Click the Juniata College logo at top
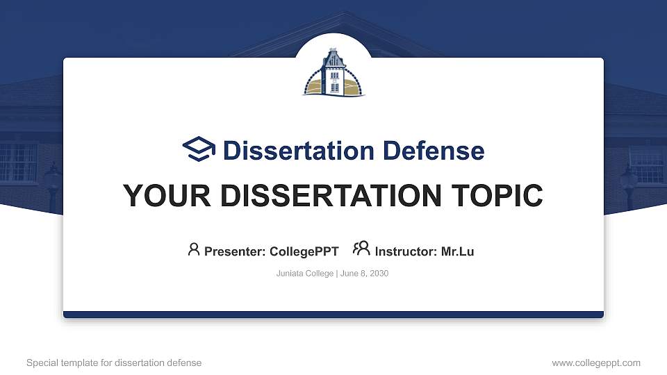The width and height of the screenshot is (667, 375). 333,72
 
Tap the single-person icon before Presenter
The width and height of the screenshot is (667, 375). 194,249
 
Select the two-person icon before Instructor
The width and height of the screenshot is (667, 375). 361,249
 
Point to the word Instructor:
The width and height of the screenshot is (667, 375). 406,251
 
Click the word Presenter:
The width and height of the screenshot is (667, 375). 234,251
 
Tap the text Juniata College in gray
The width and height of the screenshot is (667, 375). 304,274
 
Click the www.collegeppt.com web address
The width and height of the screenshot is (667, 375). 596,362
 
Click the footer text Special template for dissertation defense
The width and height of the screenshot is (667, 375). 114,362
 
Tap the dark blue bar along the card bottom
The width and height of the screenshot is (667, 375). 333,315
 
